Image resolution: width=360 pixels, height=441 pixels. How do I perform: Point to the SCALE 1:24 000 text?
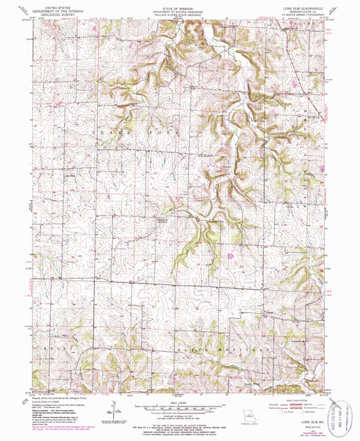coord(179,401)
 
